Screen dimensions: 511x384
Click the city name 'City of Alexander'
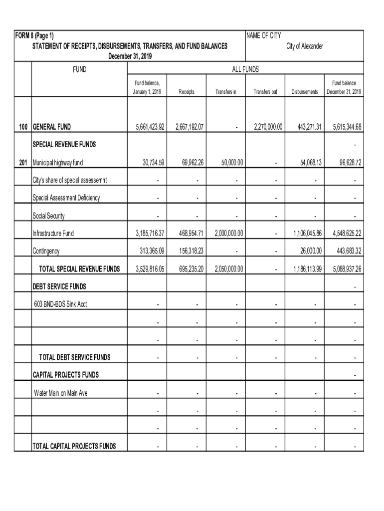pos(304,46)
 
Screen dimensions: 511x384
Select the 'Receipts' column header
pos(186,92)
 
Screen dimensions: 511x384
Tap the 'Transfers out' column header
pos(265,92)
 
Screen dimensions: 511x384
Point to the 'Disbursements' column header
pos(304,92)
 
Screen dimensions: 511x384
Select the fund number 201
pos(23,163)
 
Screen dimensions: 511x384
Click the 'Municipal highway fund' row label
pos(58,163)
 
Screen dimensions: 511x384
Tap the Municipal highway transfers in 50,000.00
pos(229,163)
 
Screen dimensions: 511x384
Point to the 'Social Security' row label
pos(48,216)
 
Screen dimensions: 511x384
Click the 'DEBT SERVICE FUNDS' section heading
pos(59,286)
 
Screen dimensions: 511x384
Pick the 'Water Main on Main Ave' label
pos(60,393)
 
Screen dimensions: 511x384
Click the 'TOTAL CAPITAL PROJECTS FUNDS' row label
pos(74,446)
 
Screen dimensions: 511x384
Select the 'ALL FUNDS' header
pos(245,70)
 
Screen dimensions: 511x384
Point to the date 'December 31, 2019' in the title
pos(130,56)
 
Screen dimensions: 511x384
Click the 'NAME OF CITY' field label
pos(264,36)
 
